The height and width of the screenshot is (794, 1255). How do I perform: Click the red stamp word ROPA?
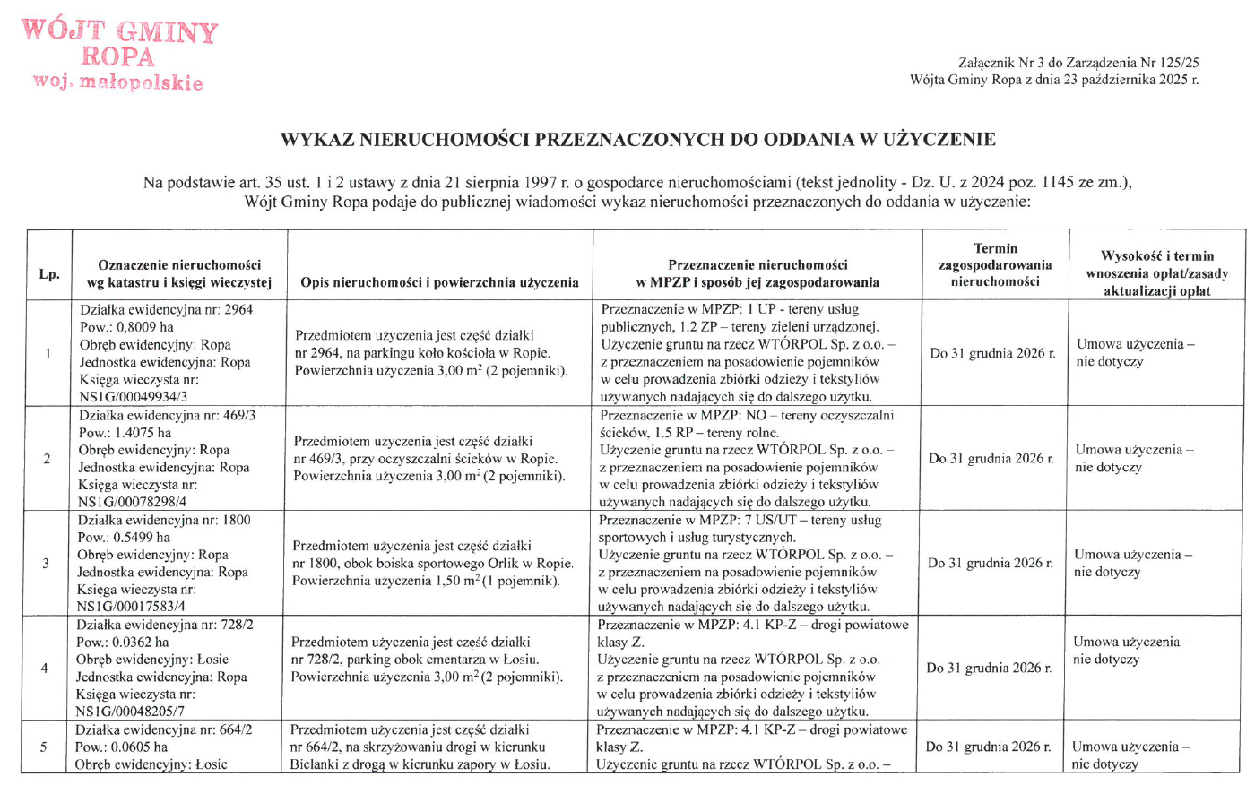[117, 57]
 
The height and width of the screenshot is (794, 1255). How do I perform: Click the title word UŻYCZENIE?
[939, 140]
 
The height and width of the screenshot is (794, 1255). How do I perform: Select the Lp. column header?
[49, 273]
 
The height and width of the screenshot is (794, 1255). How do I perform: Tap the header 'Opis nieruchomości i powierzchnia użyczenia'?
[439, 282]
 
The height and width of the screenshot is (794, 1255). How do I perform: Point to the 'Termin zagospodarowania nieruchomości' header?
[995, 265]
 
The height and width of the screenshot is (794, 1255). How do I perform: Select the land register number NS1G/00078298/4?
[134, 502]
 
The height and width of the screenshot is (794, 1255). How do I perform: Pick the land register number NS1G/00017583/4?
[133, 607]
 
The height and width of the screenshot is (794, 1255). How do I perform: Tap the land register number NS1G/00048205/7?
[132, 712]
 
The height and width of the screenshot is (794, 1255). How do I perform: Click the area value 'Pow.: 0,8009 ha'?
[126, 327]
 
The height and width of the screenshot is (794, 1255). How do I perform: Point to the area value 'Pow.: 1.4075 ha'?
[125, 433]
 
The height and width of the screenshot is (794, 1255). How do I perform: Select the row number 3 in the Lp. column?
[46, 564]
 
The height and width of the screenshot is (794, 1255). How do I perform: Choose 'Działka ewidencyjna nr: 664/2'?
[164, 729]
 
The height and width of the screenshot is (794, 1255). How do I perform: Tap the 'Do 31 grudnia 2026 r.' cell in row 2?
[991, 459]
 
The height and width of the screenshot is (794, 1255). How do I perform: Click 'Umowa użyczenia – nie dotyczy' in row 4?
[1131, 651]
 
